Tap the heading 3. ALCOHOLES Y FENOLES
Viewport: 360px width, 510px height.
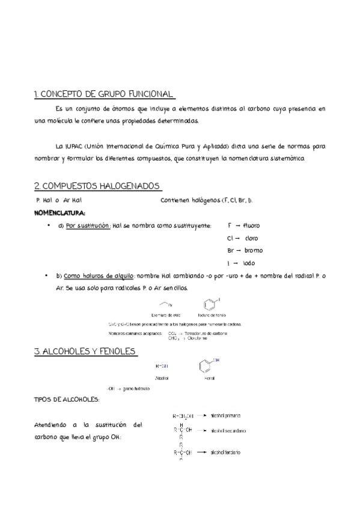85,351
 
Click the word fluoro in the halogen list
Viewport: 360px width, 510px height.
251,226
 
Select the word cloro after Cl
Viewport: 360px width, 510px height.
252,238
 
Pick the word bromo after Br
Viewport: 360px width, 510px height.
253,250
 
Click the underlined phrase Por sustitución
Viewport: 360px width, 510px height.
88,226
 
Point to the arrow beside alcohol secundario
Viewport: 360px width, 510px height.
202,431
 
